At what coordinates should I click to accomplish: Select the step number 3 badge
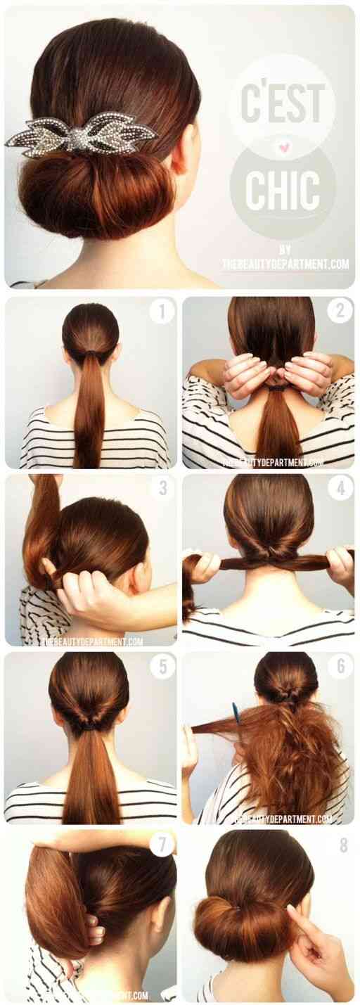pyautogui.click(x=162, y=487)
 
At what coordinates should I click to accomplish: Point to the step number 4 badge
pyautogui.click(x=340, y=487)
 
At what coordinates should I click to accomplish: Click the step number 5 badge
pyautogui.click(x=162, y=666)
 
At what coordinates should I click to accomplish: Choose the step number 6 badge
pyautogui.click(x=340, y=666)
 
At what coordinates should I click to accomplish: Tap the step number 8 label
pyautogui.click(x=343, y=845)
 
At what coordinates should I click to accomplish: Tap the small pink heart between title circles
pyautogui.click(x=283, y=148)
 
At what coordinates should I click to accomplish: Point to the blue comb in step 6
pyautogui.click(x=236, y=713)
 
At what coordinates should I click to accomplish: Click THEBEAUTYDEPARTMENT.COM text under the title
pyautogui.click(x=285, y=264)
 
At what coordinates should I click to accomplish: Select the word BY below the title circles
pyautogui.click(x=285, y=249)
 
